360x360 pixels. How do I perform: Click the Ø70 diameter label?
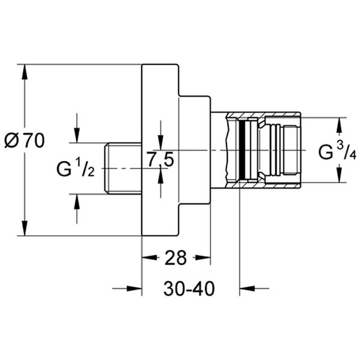click(x=25, y=142)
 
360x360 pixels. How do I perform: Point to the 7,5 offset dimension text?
click(x=160, y=160)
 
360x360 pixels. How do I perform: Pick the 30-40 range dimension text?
click(x=189, y=289)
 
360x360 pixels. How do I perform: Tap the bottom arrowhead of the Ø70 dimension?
click(x=25, y=230)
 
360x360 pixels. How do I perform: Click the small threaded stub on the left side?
click(x=123, y=168)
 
